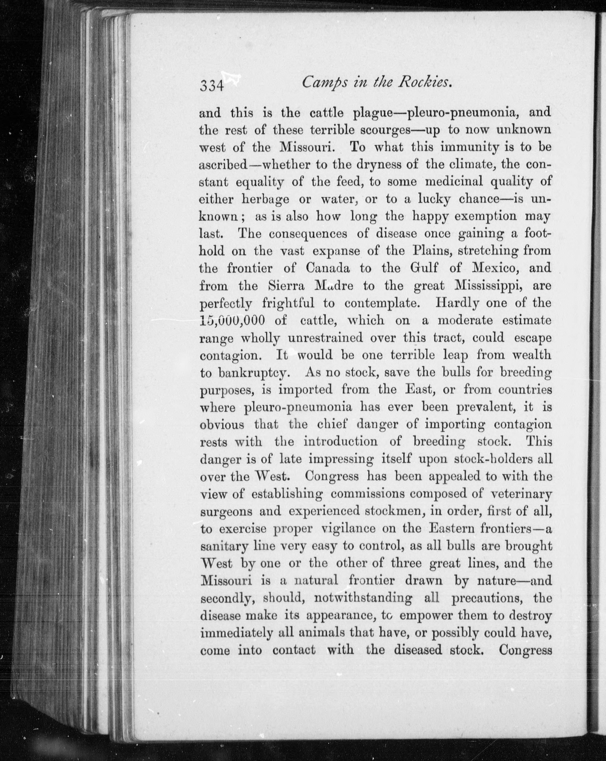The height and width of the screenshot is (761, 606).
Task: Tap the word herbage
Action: (265, 200)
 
